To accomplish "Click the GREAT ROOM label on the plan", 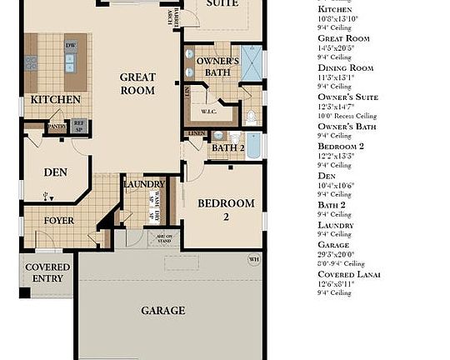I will (137, 83).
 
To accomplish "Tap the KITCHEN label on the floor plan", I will (56, 99).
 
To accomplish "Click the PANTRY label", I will (57, 127).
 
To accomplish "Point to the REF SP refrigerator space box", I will (79, 127).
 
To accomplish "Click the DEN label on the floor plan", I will (55, 172).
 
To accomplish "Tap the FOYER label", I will (59, 221).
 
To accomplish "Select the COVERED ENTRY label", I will (47, 272).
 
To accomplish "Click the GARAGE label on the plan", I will (162, 310).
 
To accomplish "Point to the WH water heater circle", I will (254, 259).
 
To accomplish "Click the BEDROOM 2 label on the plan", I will (225, 210).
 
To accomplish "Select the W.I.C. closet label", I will (209, 111).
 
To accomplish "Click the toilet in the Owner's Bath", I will (252, 115).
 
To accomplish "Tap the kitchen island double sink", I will (71, 63).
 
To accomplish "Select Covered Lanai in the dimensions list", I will (350, 274).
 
